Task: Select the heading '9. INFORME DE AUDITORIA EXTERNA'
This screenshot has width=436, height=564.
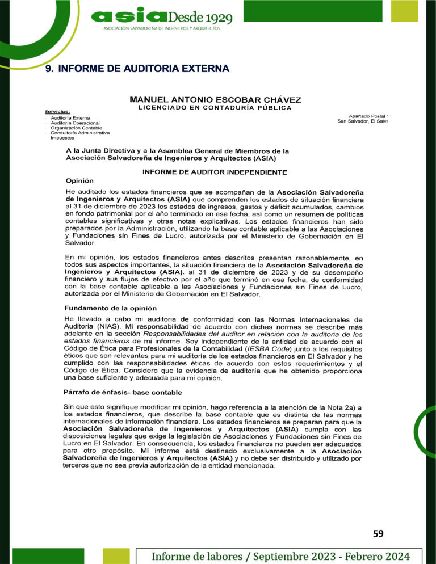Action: (136, 69)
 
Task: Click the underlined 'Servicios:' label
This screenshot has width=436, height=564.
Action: (57, 112)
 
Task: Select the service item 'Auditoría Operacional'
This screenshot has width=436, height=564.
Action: (75, 123)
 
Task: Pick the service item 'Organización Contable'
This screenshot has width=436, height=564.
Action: (76, 128)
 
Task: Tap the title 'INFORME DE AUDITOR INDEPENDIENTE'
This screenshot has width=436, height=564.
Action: (215, 172)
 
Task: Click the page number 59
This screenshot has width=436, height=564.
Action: (379, 533)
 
